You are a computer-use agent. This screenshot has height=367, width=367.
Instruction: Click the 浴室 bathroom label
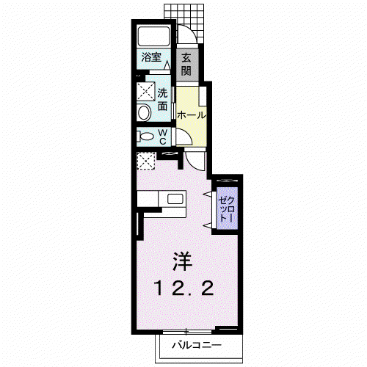click(x=151, y=58)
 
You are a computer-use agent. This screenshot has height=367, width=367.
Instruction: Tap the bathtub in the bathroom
click(x=153, y=36)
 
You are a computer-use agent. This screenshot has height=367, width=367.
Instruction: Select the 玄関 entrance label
click(x=186, y=65)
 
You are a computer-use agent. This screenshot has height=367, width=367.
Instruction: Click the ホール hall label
click(x=192, y=115)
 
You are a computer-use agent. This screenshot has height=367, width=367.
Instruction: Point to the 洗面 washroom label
click(x=162, y=99)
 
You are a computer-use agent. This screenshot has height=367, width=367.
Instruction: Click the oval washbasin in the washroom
click(x=145, y=112)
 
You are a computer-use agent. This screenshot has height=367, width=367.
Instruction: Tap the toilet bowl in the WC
click(x=145, y=137)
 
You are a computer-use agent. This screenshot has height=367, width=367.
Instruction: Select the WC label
click(x=163, y=137)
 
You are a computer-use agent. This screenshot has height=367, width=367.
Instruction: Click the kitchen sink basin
click(x=175, y=199)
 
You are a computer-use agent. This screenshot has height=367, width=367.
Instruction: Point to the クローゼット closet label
click(x=227, y=208)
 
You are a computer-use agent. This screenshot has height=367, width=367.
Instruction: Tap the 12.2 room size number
click(x=183, y=288)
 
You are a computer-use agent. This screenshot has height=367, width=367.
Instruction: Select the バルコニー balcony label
click(x=197, y=345)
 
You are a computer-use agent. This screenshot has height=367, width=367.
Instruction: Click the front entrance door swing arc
click(x=189, y=31)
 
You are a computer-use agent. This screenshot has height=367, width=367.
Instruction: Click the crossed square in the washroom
click(x=146, y=91)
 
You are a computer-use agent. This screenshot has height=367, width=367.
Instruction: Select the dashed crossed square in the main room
click(x=146, y=161)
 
